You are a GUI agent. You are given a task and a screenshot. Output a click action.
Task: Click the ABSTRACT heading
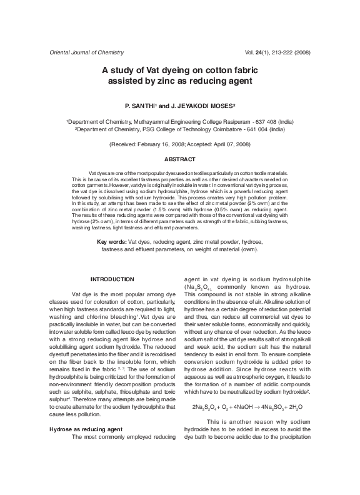180,160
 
